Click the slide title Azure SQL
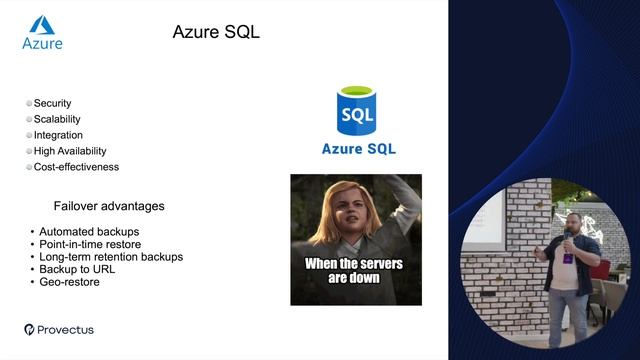pyautogui.click(x=216, y=32)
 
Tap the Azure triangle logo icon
pyautogui.click(x=42, y=25)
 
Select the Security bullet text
pyautogui.click(x=52, y=103)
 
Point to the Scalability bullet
pyautogui.click(x=57, y=119)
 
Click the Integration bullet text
pyautogui.click(x=58, y=135)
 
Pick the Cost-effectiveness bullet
pyautogui.click(x=76, y=167)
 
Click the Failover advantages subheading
pyautogui.click(x=109, y=206)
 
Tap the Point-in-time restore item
pyautogui.click(x=90, y=244)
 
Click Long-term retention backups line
pyautogui.click(x=110, y=257)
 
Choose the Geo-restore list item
pyautogui.click(x=69, y=282)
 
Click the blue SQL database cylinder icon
pyautogui.click(x=357, y=111)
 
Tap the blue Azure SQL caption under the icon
pyautogui.click(x=358, y=149)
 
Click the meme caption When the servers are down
pyautogui.click(x=355, y=270)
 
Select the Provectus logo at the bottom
pyautogui.click(x=59, y=329)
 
